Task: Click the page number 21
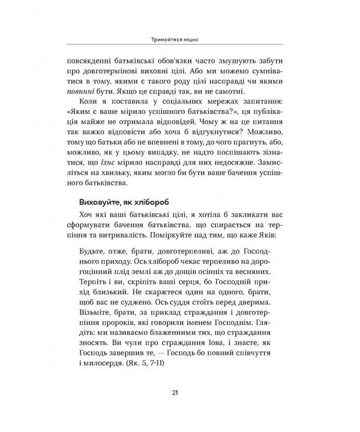click(x=174, y=392)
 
